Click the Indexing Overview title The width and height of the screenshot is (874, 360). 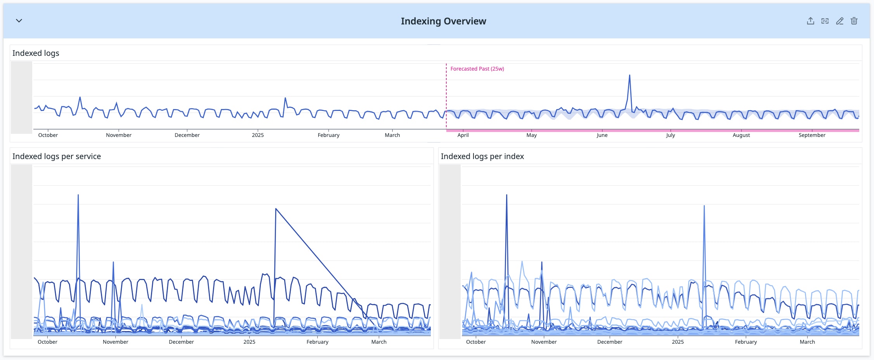coord(443,21)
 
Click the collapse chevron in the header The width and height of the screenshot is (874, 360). coord(19,21)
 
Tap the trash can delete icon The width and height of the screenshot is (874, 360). coord(854,21)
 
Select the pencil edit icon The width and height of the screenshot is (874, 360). coord(839,21)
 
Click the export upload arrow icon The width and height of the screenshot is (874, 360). coord(810,21)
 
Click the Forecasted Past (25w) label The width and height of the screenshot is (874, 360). coord(477,69)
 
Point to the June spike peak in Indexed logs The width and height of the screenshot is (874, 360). coord(629,76)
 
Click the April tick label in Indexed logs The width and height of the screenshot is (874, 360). coord(463,135)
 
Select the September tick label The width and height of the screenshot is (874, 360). coord(812,135)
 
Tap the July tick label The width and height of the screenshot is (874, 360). coord(670,135)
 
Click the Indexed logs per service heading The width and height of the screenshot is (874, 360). coord(57,156)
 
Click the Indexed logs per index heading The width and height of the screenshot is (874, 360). coord(482,156)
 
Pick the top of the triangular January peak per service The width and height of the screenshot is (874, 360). coord(276,209)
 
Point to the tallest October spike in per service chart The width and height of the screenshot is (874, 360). coord(78,195)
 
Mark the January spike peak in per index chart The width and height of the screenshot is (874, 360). coord(704,206)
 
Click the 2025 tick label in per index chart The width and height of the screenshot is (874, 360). coord(678,342)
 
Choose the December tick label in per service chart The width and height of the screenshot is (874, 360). coord(181,342)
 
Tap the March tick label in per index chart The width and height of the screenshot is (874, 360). coord(807,342)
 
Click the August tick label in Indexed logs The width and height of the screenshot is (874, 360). coord(741,135)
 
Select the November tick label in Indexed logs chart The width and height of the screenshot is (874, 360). coord(118,135)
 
